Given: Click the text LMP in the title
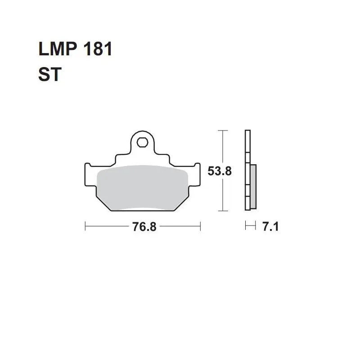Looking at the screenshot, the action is point(58,49).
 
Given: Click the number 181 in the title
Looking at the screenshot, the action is point(98,49).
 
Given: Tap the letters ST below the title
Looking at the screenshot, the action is point(50,74).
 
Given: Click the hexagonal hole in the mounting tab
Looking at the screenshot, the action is point(142,142).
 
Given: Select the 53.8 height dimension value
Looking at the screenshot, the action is point(220,171).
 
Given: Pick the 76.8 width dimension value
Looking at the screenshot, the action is point(144,227).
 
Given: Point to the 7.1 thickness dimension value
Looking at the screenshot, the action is point(270,227).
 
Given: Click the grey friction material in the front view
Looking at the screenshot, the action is point(142,188).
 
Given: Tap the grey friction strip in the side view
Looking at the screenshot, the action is point(253,186).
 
